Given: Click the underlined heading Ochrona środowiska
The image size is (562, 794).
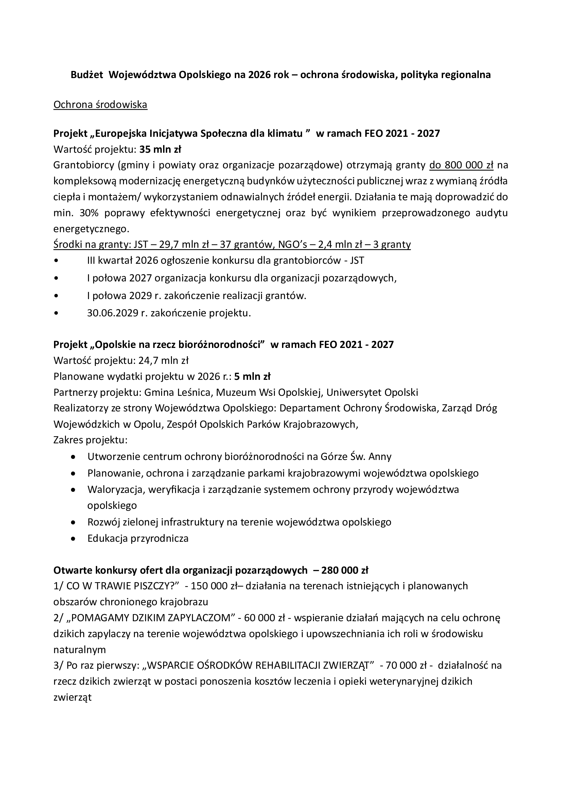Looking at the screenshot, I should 100,105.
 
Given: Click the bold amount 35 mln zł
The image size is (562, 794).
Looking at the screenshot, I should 160,149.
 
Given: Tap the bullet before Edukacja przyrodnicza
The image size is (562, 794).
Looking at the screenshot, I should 73,538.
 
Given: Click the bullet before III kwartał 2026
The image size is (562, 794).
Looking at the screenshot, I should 56,260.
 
